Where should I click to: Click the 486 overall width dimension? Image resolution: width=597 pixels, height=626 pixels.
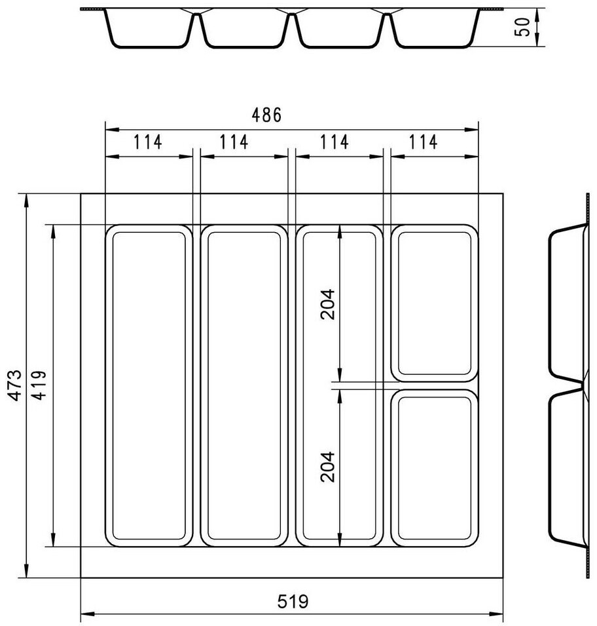[x=266, y=115]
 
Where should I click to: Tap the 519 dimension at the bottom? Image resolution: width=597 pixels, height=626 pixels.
[x=293, y=601]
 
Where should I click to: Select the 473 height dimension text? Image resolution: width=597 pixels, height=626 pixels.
[x=15, y=385]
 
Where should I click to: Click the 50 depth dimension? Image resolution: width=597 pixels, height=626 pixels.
[x=522, y=27]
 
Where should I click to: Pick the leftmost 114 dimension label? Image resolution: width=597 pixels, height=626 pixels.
[x=147, y=142]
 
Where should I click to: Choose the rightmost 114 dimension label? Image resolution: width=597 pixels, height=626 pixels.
[x=423, y=142]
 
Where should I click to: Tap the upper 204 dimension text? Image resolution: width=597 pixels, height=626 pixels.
[x=327, y=303]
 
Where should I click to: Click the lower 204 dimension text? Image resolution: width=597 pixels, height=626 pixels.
[x=327, y=467]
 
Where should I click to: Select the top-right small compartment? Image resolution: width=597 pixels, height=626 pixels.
[x=434, y=303]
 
